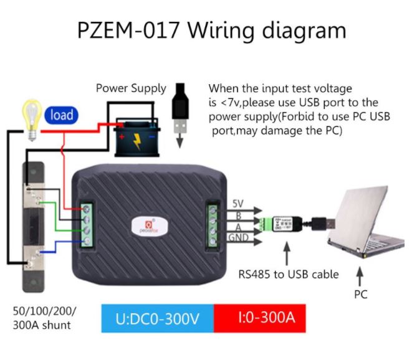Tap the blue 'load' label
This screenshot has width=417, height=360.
(62, 115)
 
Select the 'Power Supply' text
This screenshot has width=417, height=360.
(131, 88)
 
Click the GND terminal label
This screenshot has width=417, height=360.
(239, 238)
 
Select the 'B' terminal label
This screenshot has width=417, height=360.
(237, 215)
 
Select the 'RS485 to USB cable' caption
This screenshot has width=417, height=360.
(289, 274)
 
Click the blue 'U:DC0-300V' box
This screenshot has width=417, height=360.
(157, 319)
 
